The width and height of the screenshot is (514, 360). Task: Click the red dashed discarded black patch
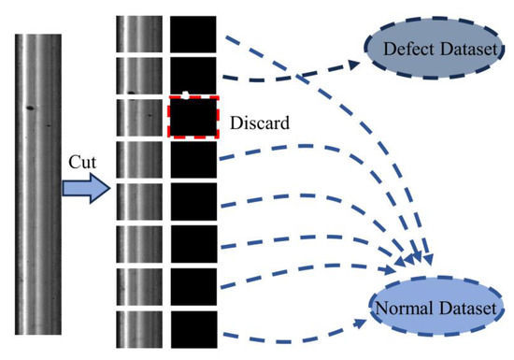193,118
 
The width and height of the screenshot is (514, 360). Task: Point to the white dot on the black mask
186,94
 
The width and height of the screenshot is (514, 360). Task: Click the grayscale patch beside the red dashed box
137,118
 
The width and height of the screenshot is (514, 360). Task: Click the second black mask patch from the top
193,75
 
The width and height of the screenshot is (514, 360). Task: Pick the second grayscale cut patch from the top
137,75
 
